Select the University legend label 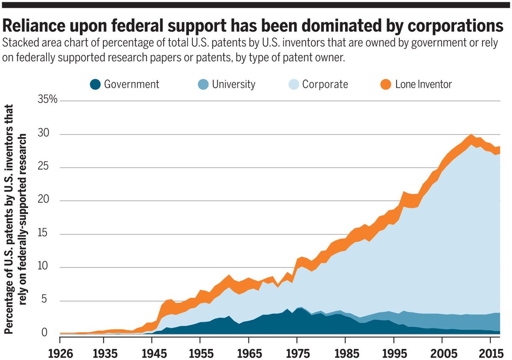click(233, 84)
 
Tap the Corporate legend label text click(325, 84)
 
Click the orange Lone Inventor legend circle click(386, 84)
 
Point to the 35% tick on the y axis click(48, 101)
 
